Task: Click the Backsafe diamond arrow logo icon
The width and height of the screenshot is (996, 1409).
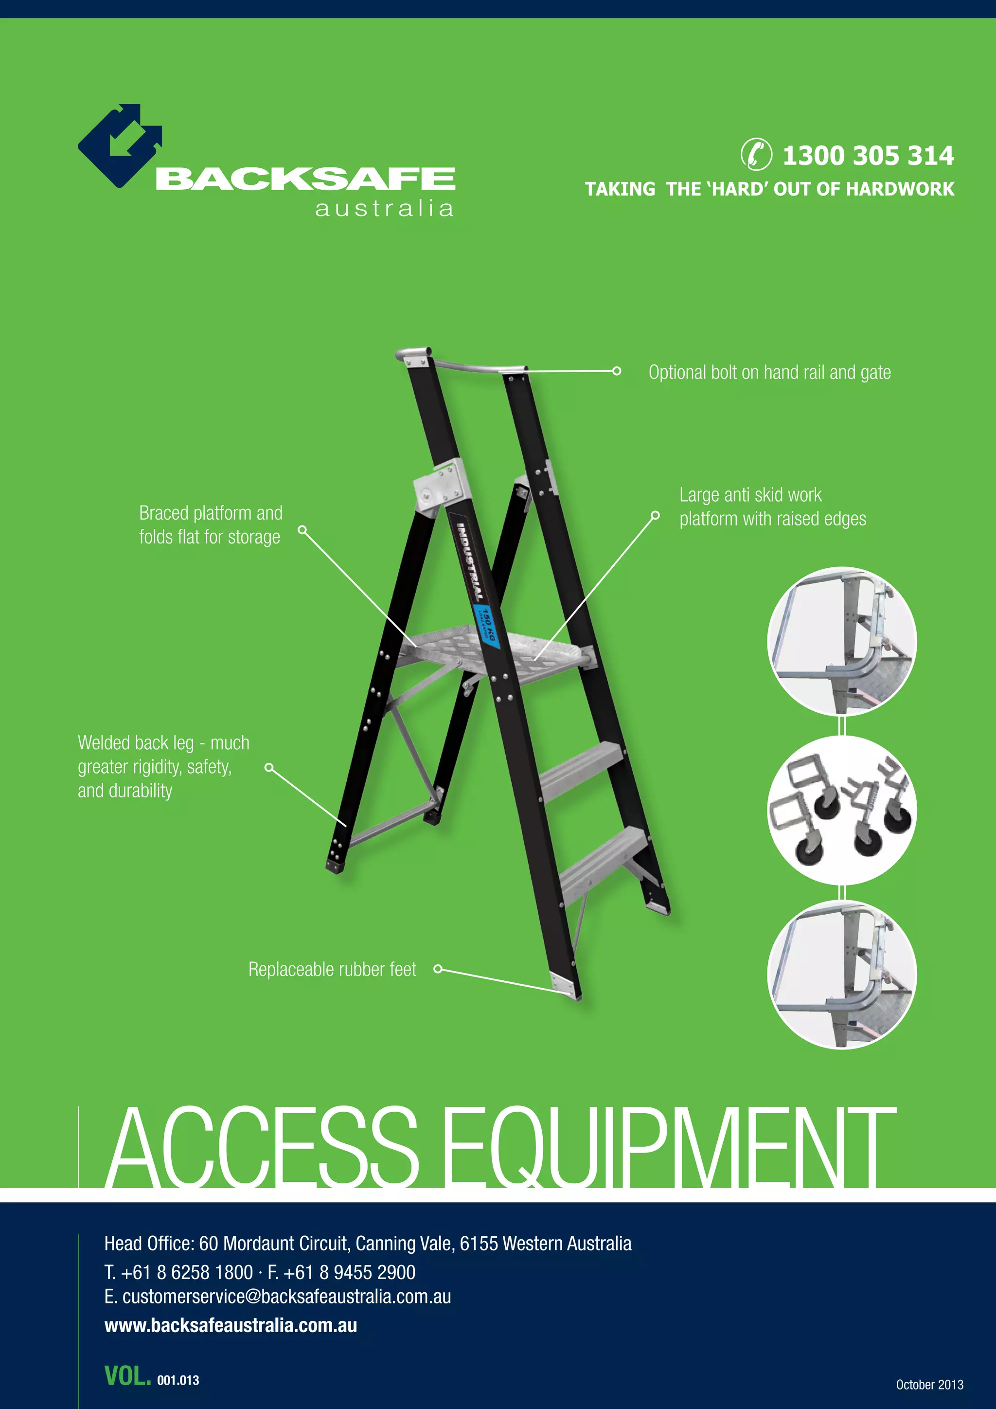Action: (x=120, y=146)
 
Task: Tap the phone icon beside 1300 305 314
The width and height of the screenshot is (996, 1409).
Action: (x=756, y=154)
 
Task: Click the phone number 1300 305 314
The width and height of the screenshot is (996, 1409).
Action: (x=868, y=155)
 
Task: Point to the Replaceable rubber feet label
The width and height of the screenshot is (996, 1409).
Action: (x=332, y=969)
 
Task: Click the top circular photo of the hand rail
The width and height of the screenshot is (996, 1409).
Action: (x=841, y=641)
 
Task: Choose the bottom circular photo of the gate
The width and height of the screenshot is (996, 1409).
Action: (x=841, y=975)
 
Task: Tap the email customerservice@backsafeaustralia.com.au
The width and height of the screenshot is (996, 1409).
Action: (x=286, y=1296)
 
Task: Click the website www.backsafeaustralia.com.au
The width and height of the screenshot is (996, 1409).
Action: (x=231, y=1325)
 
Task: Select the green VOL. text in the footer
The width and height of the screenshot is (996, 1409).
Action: (x=127, y=1376)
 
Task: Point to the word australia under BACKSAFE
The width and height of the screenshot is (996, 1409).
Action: (x=385, y=209)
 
